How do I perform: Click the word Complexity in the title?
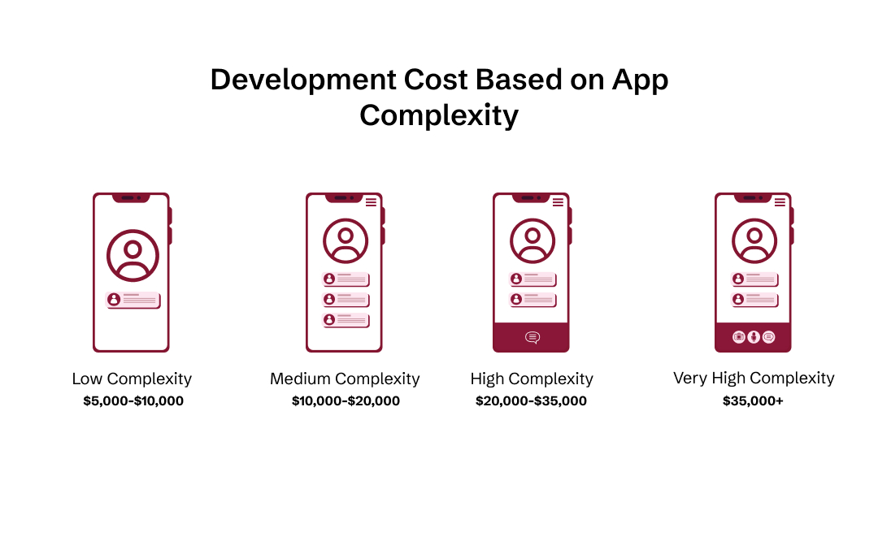[439, 116]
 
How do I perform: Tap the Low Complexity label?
[132, 379]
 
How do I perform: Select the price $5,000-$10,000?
[133, 400]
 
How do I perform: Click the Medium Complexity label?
[345, 379]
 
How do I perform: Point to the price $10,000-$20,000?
[346, 400]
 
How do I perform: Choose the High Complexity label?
[532, 379]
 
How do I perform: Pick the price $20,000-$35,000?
[531, 400]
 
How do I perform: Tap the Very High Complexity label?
[754, 378]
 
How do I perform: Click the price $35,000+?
[753, 400]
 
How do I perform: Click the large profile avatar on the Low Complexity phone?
[133, 256]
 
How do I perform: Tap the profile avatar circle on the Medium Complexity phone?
[346, 241]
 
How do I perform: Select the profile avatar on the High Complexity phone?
[532, 241]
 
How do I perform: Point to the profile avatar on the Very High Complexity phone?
[754, 241]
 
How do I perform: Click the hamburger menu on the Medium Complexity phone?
[371, 202]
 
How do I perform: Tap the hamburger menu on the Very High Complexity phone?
[780, 202]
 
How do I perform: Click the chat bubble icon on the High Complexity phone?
[532, 337]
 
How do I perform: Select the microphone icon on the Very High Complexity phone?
[754, 336]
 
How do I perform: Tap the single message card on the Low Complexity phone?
[133, 300]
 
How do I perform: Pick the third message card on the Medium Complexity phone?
[346, 320]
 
